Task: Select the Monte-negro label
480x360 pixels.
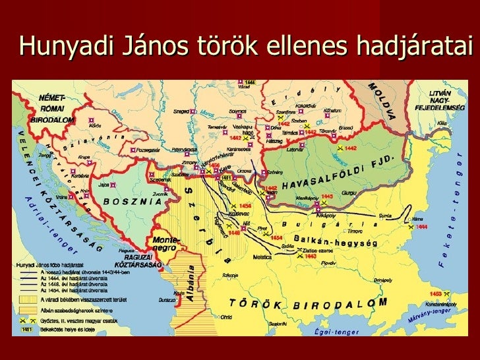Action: pyautogui.click(x=165, y=244)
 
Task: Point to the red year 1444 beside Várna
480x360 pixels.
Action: pyautogui.click(x=421, y=226)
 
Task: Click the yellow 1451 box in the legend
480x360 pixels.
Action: pyautogui.click(x=27, y=328)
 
